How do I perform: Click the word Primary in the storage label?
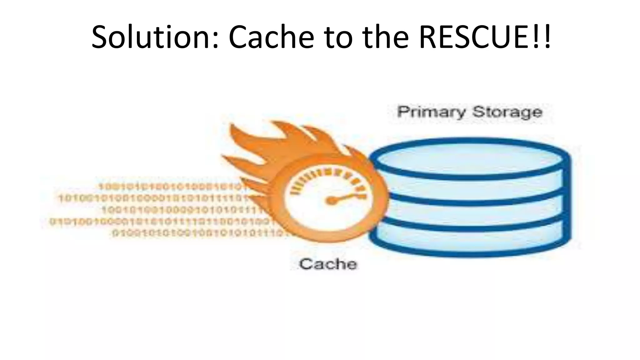tap(431, 112)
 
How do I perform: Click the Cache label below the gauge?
tap(328, 264)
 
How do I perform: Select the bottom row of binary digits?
tap(200, 233)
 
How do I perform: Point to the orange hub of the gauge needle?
tap(330, 200)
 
